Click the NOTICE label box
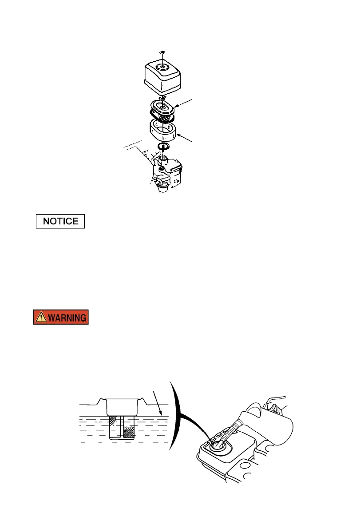60,221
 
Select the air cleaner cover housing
164,76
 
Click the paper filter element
164,112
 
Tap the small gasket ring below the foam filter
163,147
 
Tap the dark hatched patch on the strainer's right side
129,431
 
